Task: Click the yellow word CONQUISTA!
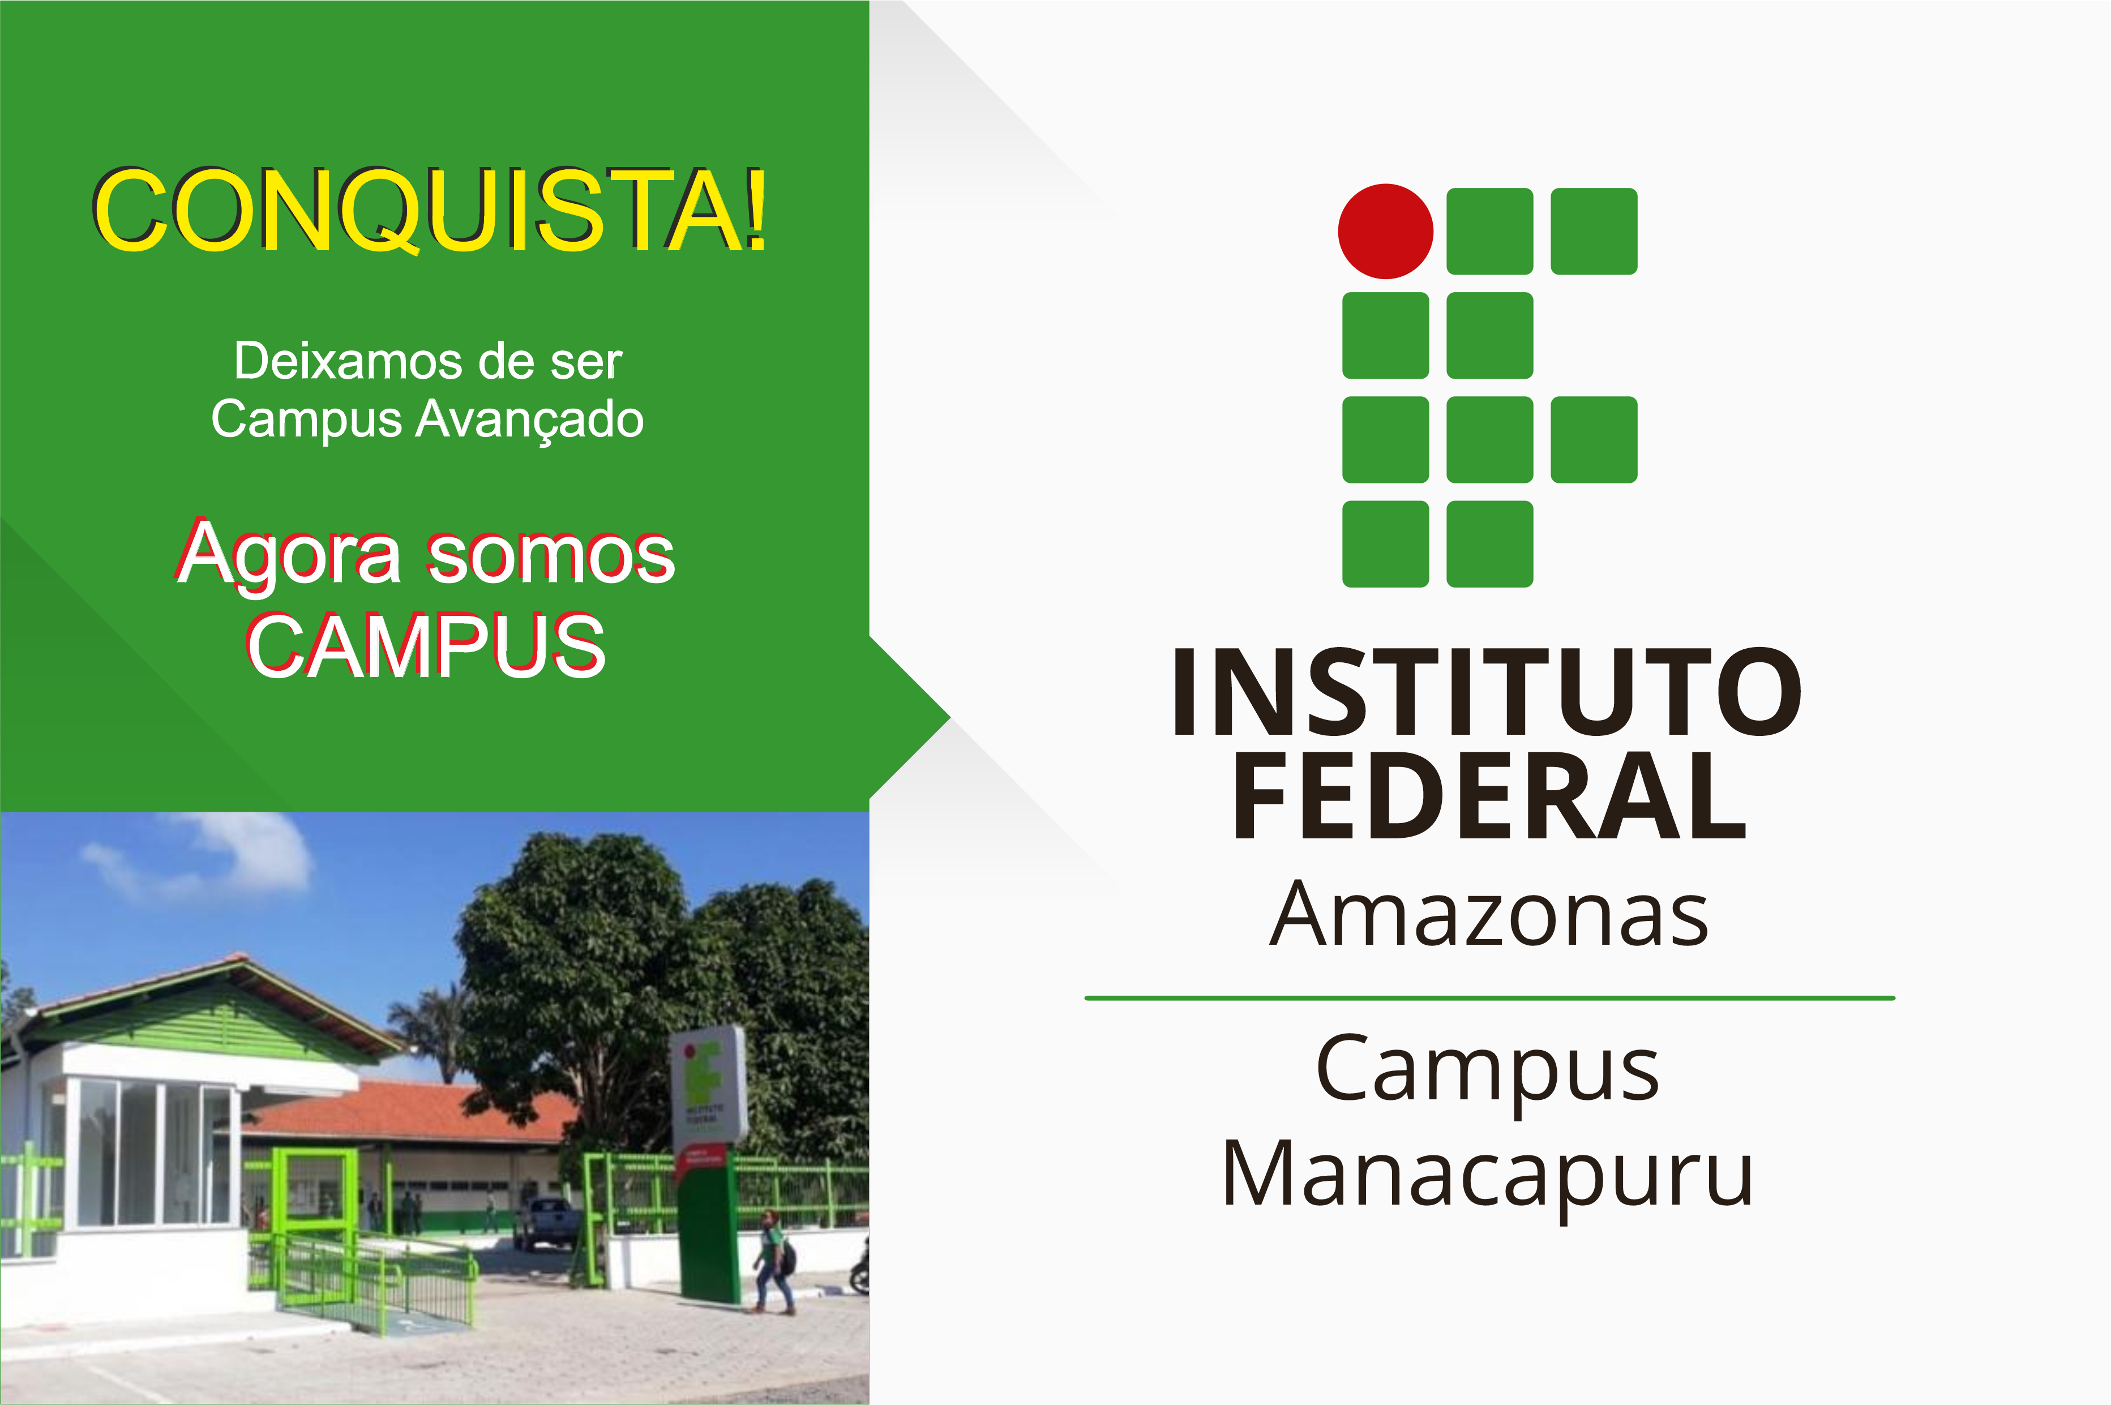(431, 209)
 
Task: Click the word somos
(551, 555)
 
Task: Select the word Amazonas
(1489, 914)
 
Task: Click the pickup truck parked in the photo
(546, 1222)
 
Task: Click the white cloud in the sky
(215, 856)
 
